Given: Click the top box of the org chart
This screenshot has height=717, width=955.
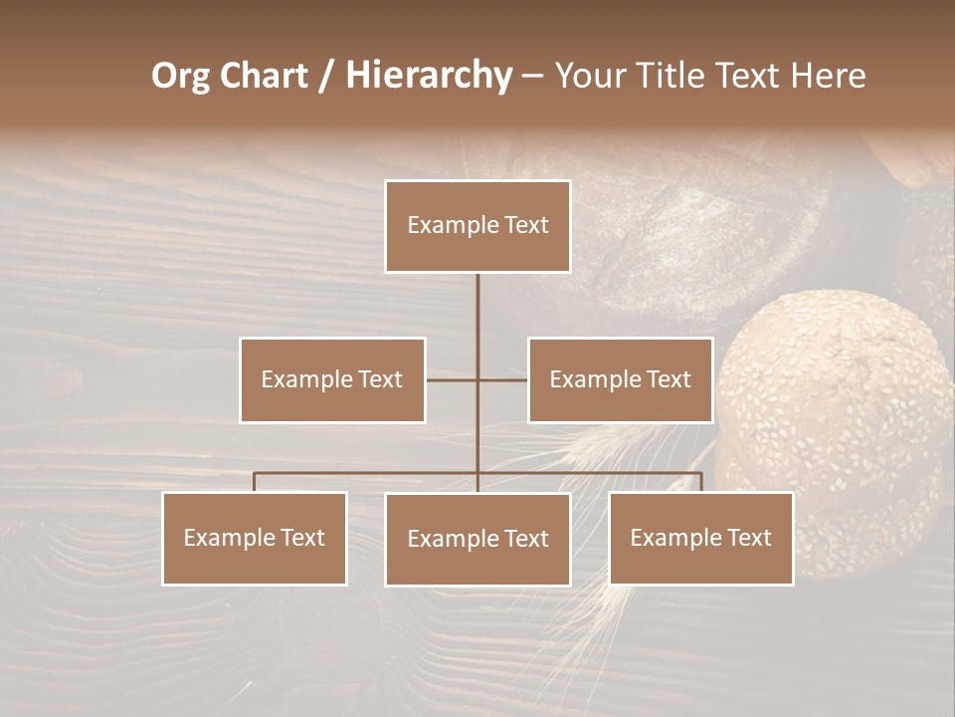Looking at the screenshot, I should [x=477, y=226].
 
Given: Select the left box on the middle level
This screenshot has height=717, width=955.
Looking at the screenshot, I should [x=332, y=379].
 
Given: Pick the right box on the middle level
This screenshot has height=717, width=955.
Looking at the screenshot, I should [x=620, y=379].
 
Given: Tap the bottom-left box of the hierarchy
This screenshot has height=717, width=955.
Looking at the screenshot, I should [x=255, y=538].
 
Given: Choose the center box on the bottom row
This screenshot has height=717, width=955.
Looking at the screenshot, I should [x=477, y=539].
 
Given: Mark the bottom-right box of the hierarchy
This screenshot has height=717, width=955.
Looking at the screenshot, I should [x=701, y=538].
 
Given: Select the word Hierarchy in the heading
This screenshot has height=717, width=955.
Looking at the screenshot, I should [x=428, y=76].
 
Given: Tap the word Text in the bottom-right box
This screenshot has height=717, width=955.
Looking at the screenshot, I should [x=749, y=538].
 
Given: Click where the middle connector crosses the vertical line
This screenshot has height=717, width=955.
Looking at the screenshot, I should [x=477, y=379].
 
